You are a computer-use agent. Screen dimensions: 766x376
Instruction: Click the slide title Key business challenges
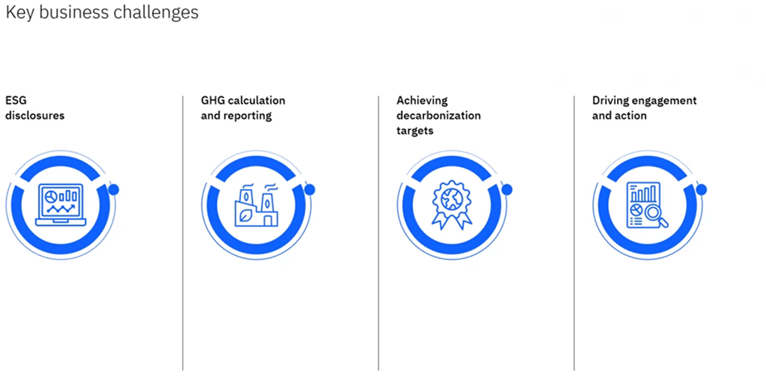point(102,12)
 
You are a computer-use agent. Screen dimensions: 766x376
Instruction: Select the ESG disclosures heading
point(35,108)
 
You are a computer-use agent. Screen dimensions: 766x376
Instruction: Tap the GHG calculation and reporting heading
point(243,108)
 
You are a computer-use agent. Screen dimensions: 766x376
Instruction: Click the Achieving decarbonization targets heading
point(439,116)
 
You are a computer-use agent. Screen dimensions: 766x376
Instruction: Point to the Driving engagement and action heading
point(644,108)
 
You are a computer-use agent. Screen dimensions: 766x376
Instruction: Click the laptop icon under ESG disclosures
point(60,205)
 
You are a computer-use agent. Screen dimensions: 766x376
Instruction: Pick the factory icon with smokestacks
point(255,205)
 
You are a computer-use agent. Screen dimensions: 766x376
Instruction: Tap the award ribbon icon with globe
point(451,205)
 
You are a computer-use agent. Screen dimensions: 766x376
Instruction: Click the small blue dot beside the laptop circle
point(113,189)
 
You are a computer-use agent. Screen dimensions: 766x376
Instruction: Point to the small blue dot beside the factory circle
point(309,189)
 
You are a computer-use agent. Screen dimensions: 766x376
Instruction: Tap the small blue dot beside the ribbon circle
point(506,189)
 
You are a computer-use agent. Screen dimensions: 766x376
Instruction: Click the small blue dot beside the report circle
point(701,189)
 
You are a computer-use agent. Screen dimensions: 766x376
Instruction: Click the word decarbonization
point(439,115)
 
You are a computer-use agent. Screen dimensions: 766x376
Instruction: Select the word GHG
point(211,101)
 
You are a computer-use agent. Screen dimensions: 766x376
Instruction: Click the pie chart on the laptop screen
point(50,196)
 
